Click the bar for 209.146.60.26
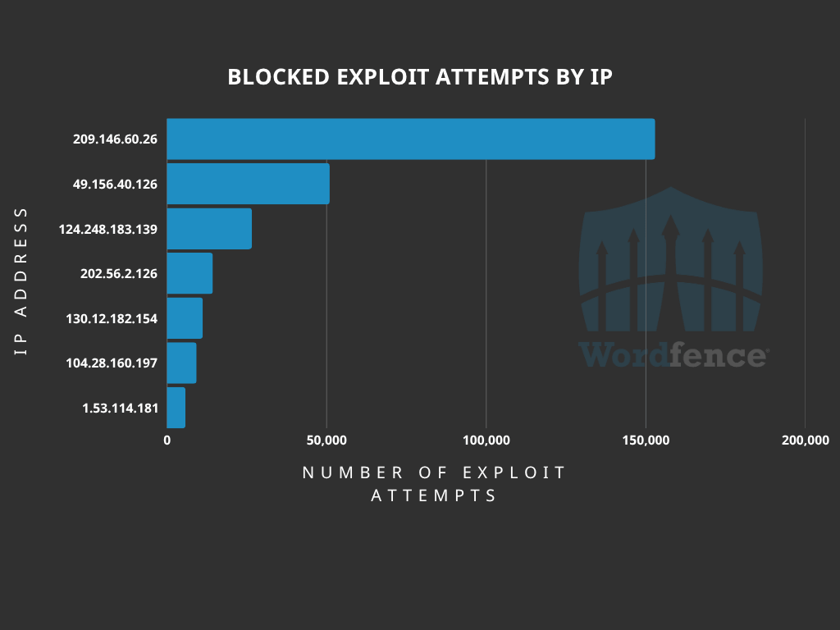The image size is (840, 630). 410,139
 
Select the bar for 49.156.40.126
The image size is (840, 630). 248,184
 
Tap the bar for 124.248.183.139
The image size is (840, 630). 209,229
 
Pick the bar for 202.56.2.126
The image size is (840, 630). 189,273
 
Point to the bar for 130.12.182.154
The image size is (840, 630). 185,318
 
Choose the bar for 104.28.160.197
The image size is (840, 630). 181,363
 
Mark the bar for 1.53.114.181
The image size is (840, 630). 176,408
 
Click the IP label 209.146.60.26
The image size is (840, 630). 115,139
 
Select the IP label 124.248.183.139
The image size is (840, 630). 108,229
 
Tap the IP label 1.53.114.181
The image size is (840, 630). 120,408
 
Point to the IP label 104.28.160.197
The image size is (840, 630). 112,363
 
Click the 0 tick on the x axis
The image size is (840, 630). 167,441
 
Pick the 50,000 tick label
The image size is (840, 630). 326,441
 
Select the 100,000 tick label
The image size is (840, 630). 486,441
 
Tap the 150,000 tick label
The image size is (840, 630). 646,441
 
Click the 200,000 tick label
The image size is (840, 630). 805,441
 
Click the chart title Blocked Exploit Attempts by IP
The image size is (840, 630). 420,77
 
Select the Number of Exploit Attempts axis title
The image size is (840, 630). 435,484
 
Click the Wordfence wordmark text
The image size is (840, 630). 673,355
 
